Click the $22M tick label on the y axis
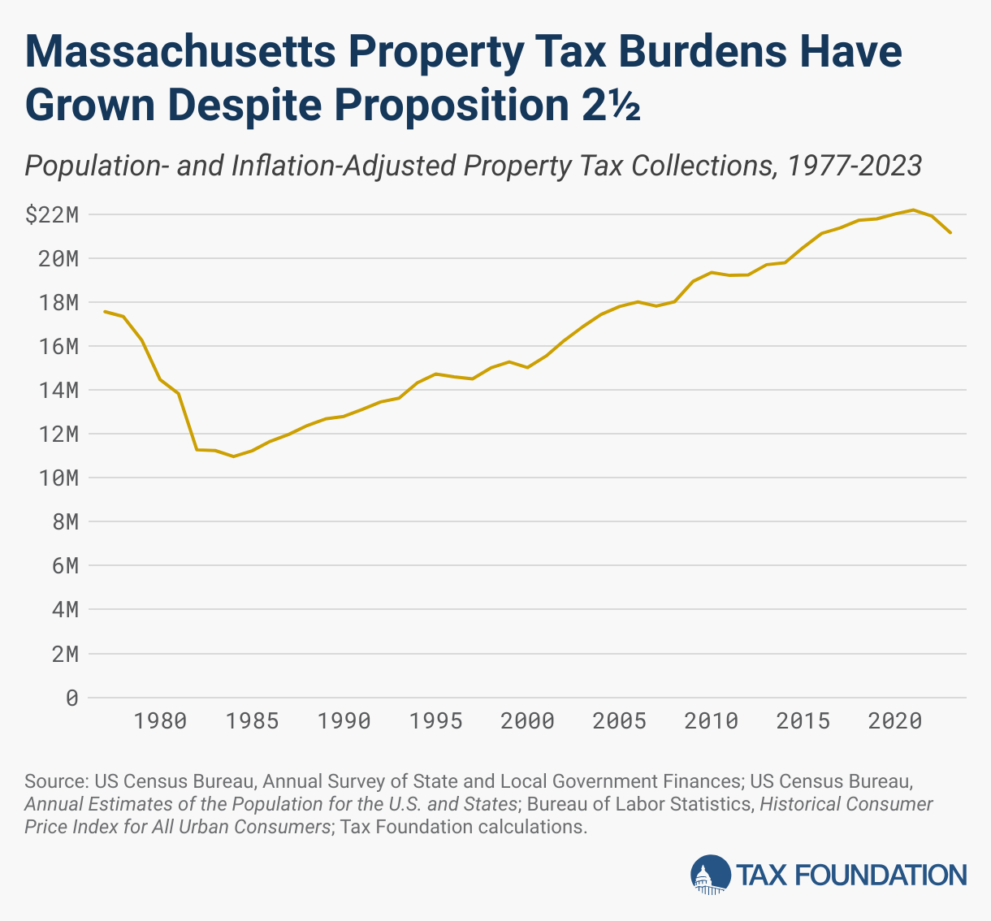(51, 215)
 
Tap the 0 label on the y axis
(72, 698)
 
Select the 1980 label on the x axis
(161, 721)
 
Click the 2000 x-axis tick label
(528, 721)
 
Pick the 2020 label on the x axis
(895, 721)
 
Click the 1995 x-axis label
(436, 721)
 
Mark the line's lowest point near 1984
(234, 456)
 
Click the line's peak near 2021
(913, 210)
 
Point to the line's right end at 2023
(950, 233)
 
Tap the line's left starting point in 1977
(105, 311)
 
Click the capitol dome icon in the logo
(711, 875)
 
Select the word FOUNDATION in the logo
(878, 875)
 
